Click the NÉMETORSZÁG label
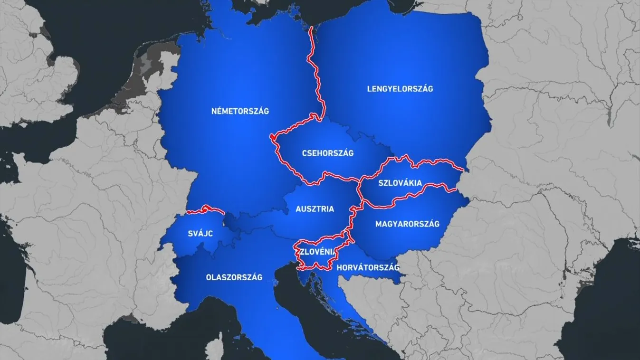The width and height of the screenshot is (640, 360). (240, 111)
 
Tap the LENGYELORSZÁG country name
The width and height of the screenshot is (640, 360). (400, 89)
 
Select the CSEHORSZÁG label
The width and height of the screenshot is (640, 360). (328, 153)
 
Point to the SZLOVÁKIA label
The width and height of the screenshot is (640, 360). (400, 182)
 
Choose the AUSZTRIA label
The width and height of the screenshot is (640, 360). (315, 208)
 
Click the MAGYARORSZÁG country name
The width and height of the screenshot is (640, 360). (407, 224)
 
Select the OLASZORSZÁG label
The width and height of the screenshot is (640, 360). (234, 277)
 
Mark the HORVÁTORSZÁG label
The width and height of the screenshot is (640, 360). (367, 268)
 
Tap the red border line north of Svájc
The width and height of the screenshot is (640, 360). (204, 209)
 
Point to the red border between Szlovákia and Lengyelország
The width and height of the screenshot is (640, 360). (428, 162)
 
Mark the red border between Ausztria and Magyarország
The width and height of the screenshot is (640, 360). (353, 218)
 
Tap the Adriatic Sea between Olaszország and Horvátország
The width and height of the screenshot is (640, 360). (304, 304)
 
